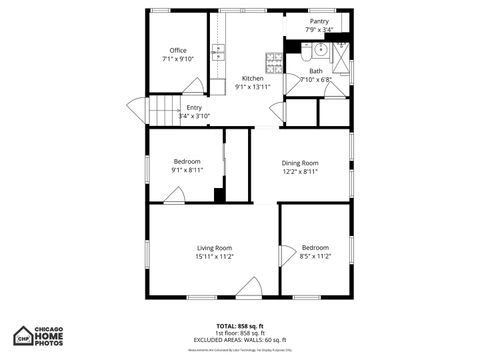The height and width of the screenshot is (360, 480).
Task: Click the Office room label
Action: point(178,51)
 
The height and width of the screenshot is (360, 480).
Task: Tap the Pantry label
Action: point(319,21)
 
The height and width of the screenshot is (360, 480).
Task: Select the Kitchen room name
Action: point(253,78)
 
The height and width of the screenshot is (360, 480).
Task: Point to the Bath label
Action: point(316,71)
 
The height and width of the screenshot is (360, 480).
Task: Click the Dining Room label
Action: point(299,162)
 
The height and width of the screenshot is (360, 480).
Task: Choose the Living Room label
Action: point(214,247)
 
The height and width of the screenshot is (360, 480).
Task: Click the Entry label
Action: point(194,108)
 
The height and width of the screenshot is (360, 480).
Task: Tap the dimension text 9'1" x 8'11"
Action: point(187,170)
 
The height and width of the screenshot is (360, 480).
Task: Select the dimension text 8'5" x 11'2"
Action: point(315,256)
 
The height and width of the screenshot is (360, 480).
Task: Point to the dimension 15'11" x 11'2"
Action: point(214,256)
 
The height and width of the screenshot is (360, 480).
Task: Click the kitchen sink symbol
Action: point(219,53)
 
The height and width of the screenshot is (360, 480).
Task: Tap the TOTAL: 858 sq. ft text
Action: point(239,325)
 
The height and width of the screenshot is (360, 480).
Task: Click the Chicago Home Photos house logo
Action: point(23,335)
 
